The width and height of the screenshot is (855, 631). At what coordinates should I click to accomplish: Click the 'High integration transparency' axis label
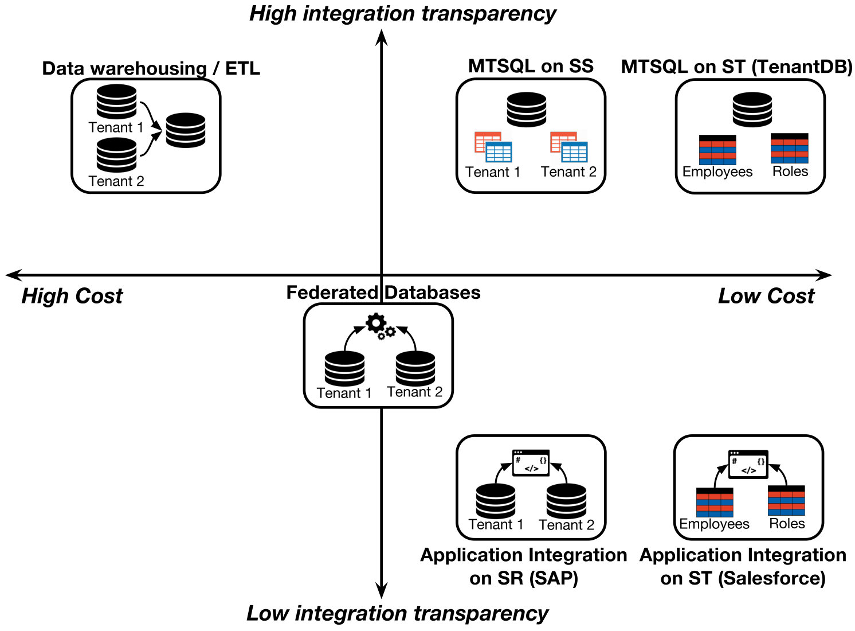pyautogui.click(x=403, y=14)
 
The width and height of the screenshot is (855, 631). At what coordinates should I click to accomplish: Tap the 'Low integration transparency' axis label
pyautogui.click(x=397, y=614)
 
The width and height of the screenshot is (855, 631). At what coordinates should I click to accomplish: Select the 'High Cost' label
pyautogui.click(x=72, y=296)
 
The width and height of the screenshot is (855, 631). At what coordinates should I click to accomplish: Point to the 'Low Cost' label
pyautogui.click(x=766, y=296)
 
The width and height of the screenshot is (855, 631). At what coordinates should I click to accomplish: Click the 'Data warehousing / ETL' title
pyautogui.click(x=151, y=68)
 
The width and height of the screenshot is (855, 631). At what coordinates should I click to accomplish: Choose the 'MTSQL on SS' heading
pyautogui.click(x=531, y=66)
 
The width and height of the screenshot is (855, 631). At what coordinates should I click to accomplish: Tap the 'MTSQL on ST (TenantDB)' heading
pyautogui.click(x=736, y=67)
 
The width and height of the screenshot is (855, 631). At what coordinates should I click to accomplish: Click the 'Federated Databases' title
pyautogui.click(x=383, y=293)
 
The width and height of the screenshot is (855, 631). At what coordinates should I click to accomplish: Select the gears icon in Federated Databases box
pyautogui.click(x=381, y=326)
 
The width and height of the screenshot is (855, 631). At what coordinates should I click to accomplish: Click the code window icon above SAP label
pyautogui.click(x=531, y=463)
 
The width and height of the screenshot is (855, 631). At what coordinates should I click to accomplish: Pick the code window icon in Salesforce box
pyautogui.click(x=748, y=465)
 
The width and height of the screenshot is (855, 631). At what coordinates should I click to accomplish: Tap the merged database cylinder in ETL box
pyautogui.click(x=186, y=130)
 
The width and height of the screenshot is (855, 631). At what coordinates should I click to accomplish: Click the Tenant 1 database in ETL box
pyautogui.click(x=116, y=102)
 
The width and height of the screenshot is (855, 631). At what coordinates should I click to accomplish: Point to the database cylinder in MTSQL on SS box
pyautogui.click(x=527, y=110)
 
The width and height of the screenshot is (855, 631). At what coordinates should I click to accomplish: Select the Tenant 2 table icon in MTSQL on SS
pyautogui.click(x=568, y=147)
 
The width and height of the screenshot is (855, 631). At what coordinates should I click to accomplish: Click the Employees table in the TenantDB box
pyautogui.click(x=717, y=150)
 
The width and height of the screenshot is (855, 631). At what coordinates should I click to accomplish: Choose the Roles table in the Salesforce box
pyautogui.click(x=786, y=500)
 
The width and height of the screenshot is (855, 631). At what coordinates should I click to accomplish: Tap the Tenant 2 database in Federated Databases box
pyautogui.click(x=415, y=369)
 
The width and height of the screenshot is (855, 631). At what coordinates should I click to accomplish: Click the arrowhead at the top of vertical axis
pyautogui.click(x=381, y=37)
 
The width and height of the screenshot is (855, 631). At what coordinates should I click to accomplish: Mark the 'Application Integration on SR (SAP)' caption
pyautogui.click(x=524, y=566)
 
